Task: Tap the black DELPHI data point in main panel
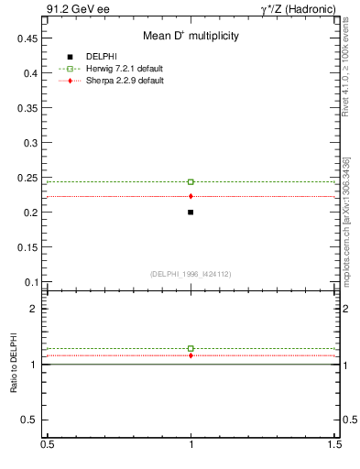[191, 212]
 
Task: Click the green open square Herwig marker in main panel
[191, 181]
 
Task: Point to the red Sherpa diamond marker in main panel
[191, 196]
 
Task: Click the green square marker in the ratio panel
[191, 348]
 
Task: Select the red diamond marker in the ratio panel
[191, 355]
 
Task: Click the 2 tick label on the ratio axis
[33, 309]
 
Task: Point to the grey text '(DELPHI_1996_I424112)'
[191, 272]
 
